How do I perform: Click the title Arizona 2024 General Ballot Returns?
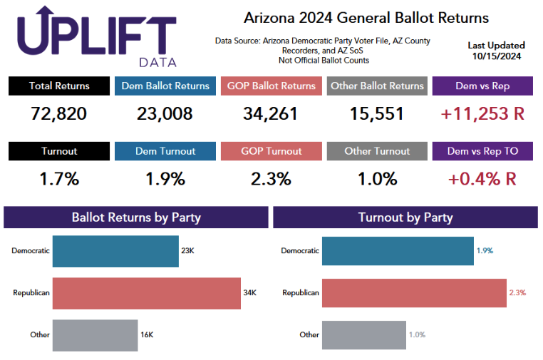366,17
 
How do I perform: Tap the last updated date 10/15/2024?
496,57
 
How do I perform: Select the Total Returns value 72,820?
59,113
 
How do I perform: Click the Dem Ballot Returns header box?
165,86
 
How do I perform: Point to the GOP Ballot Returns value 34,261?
271,113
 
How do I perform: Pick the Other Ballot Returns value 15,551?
377,113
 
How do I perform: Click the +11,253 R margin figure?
482,113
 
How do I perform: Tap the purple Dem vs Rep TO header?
482,151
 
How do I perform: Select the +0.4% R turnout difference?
482,179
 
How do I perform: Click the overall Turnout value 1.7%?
59,179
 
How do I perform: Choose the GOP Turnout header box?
271,151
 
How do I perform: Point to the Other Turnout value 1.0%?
377,179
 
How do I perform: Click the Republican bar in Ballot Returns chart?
146,292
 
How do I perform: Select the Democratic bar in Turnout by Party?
398,251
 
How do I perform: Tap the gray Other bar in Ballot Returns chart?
95,334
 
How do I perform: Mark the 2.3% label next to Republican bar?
517,292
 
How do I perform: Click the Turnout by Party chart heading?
405,217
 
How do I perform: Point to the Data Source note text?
322,51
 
